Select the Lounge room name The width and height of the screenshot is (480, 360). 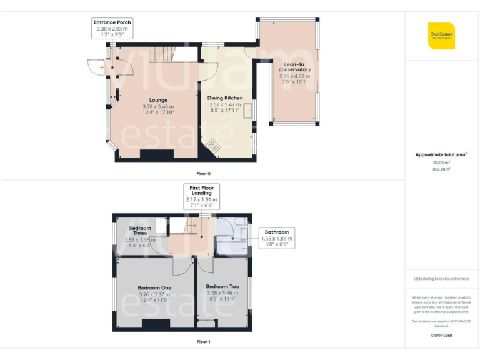pyautogui.click(x=157, y=100)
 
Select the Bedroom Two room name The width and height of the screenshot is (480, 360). pyautogui.click(x=223, y=286)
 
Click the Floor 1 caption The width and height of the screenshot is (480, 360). pyautogui.click(x=203, y=342)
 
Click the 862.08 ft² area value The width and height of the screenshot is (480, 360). pyautogui.click(x=442, y=169)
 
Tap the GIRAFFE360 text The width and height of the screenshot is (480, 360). pyautogui.click(x=442, y=336)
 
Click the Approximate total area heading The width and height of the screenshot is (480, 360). pyautogui.click(x=441, y=154)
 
